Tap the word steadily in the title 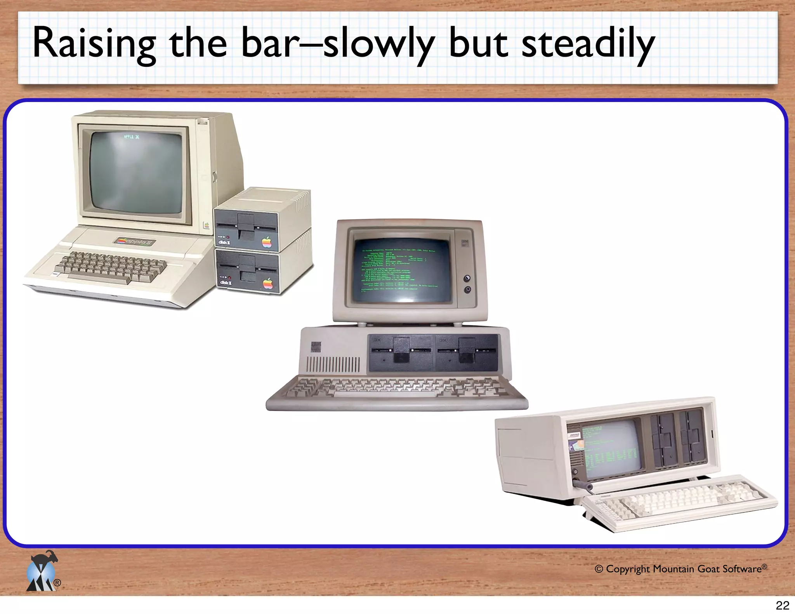click(x=588, y=43)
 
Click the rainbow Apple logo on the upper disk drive click(x=267, y=242)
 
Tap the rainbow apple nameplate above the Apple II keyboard click(x=134, y=241)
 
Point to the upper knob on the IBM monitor click(x=467, y=278)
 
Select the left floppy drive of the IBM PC click(x=401, y=352)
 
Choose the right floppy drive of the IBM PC click(x=467, y=352)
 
